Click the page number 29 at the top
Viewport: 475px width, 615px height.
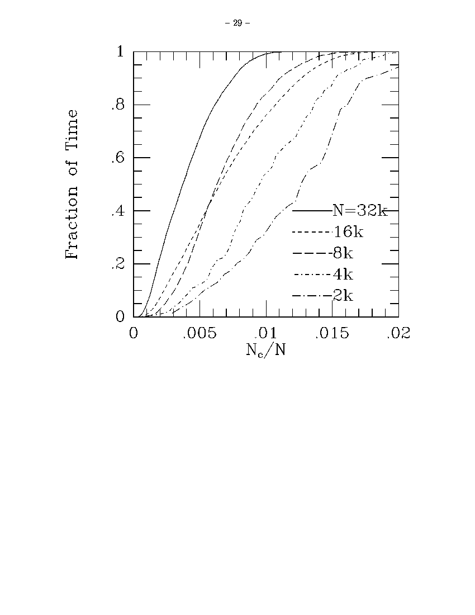click(237, 23)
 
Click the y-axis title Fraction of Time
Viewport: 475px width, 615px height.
click(72, 184)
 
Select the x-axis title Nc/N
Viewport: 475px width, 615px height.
click(265, 351)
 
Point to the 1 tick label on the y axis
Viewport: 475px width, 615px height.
click(120, 52)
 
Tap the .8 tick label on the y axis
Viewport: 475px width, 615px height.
click(117, 105)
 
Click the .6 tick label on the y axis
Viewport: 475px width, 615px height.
click(117, 158)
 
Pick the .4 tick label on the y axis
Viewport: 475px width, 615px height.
click(117, 211)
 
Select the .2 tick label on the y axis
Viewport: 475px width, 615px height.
click(117, 264)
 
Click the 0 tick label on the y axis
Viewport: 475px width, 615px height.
click(120, 317)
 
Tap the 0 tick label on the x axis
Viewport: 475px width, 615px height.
click(134, 334)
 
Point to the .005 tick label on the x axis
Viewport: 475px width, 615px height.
click(199, 334)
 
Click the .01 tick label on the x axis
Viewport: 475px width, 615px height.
click(266, 334)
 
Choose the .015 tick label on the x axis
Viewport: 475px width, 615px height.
click(332, 334)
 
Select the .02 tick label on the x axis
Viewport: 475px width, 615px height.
click(398, 334)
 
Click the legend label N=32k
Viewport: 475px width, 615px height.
click(359, 211)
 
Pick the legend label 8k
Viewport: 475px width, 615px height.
click(342, 253)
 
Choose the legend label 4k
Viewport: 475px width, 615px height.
click(342, 275)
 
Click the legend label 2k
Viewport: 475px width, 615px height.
click(342, 296)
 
